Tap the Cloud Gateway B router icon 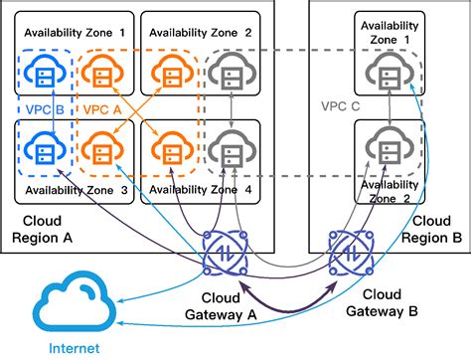point(346,255)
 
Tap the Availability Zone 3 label point(77,190)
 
